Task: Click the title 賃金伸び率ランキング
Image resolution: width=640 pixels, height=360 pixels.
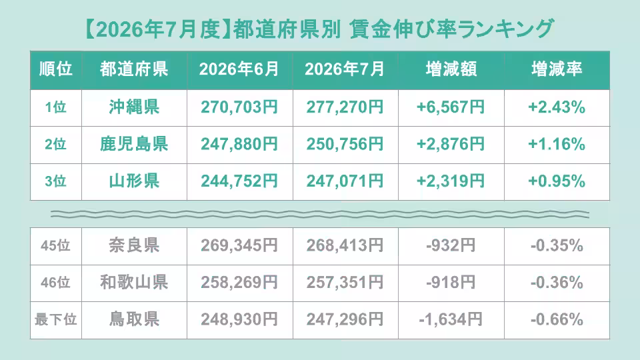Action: coord(451,29)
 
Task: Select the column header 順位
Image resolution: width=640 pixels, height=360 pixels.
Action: coord(56,69)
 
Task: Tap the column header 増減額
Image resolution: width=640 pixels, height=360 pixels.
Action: coord(451,69)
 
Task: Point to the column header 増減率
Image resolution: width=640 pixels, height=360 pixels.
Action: coord(557,69)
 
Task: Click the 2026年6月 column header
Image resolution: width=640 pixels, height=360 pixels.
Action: coord(239,69)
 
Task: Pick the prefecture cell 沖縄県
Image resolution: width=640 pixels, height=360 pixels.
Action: coord(134,107)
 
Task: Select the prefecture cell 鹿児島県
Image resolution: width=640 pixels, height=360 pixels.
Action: coord(134,144)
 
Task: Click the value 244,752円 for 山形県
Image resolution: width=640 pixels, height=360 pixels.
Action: coord(239,181)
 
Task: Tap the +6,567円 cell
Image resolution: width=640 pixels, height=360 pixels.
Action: coord(451,107)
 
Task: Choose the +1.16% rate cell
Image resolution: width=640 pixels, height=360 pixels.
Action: coord(557,144)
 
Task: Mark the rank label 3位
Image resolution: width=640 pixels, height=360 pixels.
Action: coord(55,181)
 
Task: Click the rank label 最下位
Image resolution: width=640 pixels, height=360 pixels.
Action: coord(56,319)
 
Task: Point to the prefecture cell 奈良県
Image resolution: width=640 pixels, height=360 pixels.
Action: coord(134,245)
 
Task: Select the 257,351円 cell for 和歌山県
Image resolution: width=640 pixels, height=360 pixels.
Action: coord(345,283)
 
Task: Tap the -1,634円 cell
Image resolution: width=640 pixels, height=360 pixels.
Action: coord(451,319)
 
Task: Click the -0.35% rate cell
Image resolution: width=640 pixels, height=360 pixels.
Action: coord(557,245)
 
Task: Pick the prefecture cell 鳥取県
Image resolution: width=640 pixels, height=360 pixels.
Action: coord(134,319)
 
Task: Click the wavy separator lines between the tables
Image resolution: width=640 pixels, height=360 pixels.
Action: coord(320,214)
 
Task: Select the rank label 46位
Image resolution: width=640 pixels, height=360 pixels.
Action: coord(55,283)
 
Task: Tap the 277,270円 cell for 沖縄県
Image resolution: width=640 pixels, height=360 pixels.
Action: coord(345,107)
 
